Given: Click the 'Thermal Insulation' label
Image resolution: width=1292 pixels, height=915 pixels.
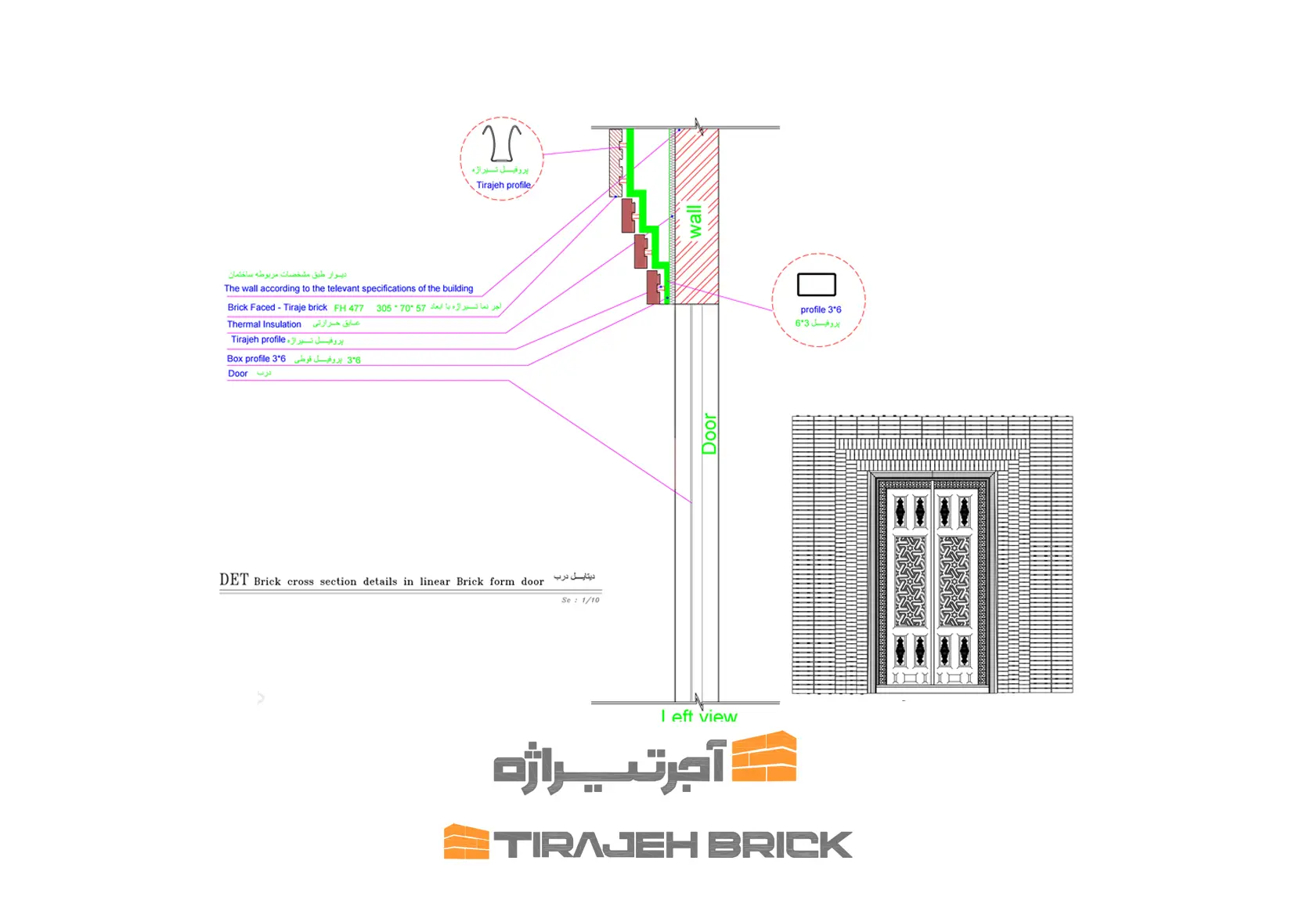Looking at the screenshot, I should [264, 324].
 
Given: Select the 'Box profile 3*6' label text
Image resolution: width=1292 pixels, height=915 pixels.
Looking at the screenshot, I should [256, 359].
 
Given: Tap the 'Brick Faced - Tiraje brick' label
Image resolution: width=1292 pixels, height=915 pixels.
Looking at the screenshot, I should [277, 308].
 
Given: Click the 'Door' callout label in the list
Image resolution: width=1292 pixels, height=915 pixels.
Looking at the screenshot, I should [238, 374].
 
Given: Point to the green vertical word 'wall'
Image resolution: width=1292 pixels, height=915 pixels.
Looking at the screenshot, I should [695, 222].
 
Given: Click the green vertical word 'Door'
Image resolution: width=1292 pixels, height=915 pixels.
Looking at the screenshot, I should [709, 433].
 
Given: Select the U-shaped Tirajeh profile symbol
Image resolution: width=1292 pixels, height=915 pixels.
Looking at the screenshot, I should [501, 143].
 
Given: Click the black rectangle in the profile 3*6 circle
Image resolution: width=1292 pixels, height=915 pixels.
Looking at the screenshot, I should [817, 284].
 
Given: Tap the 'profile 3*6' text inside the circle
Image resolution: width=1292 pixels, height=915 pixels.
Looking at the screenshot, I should [821, 309].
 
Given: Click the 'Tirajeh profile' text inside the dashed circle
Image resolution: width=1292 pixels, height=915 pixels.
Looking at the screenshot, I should [503, 186].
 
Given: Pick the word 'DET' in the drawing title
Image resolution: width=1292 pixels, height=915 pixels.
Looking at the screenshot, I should [233, 580].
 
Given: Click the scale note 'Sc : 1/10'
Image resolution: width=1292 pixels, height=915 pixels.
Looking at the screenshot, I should [580, 600].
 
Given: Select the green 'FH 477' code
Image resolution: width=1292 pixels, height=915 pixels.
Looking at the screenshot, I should [348, 309].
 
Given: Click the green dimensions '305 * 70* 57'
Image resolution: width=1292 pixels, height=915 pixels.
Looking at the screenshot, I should [401, 309].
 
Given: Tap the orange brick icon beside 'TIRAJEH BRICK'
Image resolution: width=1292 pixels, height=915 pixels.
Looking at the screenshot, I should [466, 841].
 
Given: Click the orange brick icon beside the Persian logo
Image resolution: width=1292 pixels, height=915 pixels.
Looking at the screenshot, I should [764, 757].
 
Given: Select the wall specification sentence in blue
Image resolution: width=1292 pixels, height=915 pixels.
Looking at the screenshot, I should [348, 288].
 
